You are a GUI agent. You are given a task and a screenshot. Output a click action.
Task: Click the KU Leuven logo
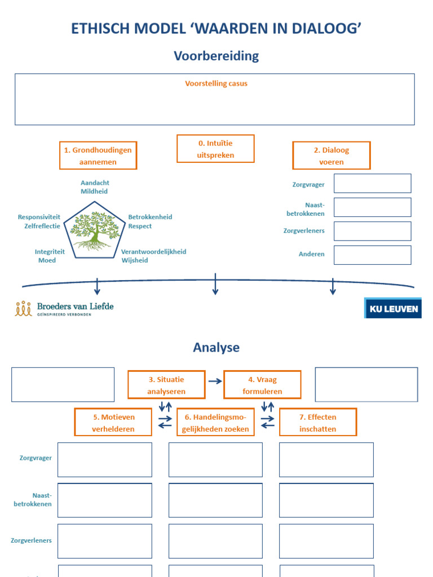click(x=393, y=308)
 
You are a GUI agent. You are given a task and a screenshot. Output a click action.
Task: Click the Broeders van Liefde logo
click(x=64, y=308)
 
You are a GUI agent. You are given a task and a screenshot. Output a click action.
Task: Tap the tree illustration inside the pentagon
click(x=94, y=230)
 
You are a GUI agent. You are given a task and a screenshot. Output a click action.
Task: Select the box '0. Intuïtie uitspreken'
click(x=215, y=149)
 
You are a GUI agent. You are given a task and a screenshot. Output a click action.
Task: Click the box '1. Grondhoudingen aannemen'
click(x=98, y=156)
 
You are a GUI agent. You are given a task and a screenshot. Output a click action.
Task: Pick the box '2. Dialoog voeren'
click(x=331, y=156)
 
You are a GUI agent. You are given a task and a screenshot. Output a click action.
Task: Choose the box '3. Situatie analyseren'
click(x=166, y=385)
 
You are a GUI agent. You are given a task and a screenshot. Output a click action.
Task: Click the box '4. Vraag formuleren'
click(x=262, y=385)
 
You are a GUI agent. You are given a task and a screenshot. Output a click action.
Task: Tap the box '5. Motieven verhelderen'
click(x=113, y=422)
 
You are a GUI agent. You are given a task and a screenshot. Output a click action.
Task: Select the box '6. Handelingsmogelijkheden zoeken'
click(x=215, y=422)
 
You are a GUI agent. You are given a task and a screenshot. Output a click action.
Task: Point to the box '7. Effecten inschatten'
click(x=318, y=422)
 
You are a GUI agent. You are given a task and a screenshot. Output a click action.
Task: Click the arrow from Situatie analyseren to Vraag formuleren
click(x=215, y=381)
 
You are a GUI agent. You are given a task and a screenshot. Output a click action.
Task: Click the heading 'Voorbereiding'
click(x=216, y=56)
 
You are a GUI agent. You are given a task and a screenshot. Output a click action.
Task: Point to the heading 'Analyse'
click(x=216, y=347)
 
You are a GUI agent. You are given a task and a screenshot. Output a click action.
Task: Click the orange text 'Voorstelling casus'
click(x=216, y=83)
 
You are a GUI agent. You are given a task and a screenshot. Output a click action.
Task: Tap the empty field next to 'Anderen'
click(x=372, y=255)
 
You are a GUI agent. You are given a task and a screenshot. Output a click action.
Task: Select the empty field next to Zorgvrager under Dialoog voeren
click(x=372, y=183)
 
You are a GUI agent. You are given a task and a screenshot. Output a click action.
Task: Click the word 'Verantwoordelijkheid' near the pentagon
click(x=153, y=252)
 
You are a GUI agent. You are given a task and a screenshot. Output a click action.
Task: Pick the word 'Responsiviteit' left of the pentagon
click(x=39, y=217)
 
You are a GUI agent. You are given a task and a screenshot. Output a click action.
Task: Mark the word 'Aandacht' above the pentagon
click(x=95, y=183)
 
